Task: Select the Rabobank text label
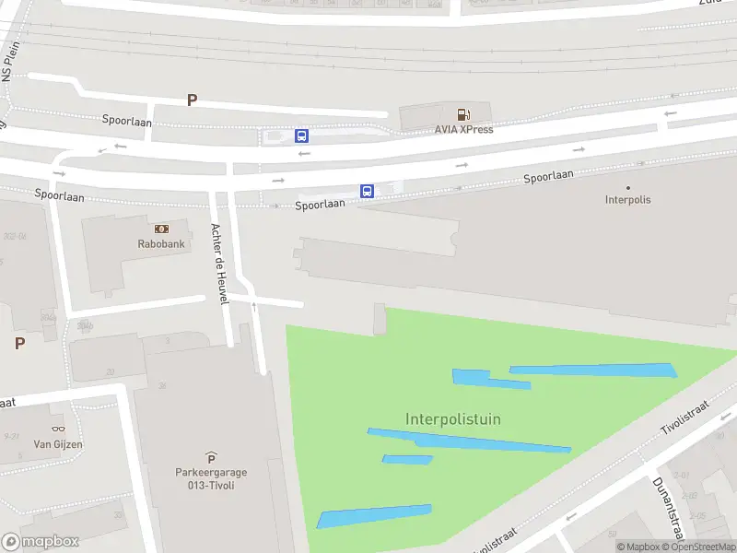point(161,244)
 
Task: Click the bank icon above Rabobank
point(161,229)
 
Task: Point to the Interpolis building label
point(627,199)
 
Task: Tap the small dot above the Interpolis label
point(628,187)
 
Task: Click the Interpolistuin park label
point(452,419)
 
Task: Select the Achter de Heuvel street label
point(219,265)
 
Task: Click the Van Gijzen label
point(58,444)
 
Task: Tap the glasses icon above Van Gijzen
point(58,429)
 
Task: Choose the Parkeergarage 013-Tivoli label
point(211,479)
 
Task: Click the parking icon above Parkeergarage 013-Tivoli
point(211,457)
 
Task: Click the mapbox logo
point(41,542)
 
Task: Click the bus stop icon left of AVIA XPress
point(301,135)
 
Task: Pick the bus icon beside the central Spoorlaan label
point(367,192)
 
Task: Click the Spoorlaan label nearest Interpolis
point(548,175)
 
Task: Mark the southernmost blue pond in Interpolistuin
point(373,515)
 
